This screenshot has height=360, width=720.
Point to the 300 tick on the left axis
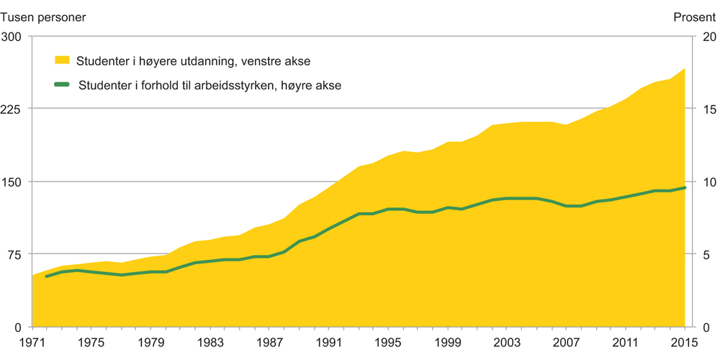point(14,37)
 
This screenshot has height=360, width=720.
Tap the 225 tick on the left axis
point(14,109)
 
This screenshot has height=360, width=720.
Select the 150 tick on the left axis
point(14,181)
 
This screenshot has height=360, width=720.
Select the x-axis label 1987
point(269,342)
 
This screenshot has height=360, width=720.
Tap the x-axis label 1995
point(388,342)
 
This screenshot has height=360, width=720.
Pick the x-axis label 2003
point(507,342)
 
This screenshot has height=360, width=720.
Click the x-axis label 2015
point(685,342)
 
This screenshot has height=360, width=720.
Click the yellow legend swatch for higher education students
point(63,60)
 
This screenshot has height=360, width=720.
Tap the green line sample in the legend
point(63,85)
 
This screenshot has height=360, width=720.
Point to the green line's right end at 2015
point(685,188)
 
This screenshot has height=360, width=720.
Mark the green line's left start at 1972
point(47,276)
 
